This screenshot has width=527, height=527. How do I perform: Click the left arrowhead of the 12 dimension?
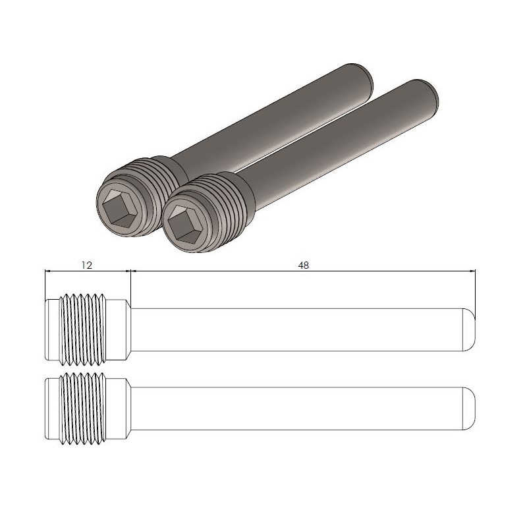point(47,271)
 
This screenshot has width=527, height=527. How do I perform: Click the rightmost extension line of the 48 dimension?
point(476,290)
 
